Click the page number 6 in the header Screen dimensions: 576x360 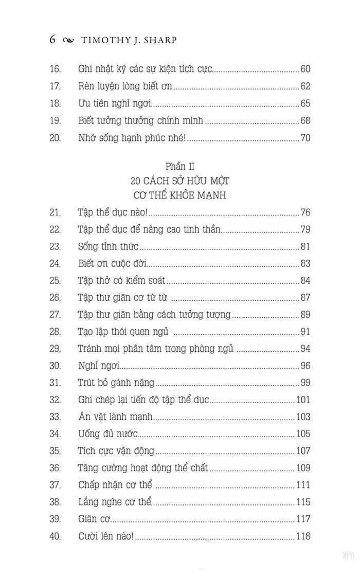[52, 40]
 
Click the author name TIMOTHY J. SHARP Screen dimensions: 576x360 [129, 41]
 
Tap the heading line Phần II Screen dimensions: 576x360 [180, 167]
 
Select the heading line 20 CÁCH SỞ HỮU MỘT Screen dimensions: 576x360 [180, 181]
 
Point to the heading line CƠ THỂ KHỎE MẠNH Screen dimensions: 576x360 [180, 196]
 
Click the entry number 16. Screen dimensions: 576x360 [55, 69]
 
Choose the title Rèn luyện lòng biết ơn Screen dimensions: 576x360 [125, 86]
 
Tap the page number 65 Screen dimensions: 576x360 [305, 103]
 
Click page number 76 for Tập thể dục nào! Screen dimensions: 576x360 [305, 212]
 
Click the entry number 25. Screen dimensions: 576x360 [55, 281]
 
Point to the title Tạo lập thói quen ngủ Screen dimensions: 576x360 [123, 332]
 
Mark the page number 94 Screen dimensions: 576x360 [305, 349]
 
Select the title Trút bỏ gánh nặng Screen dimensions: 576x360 [116, 383]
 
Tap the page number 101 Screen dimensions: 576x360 [303, 400]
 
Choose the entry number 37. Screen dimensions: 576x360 [55, 485]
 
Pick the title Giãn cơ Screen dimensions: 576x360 [94, 519]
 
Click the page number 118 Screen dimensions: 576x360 [303, 536]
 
